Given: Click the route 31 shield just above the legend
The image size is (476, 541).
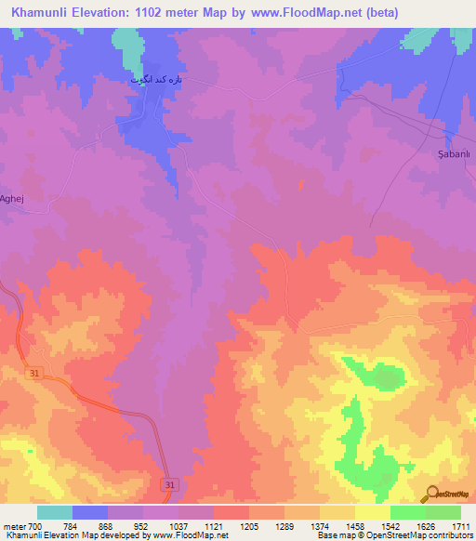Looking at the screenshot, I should [169, 485].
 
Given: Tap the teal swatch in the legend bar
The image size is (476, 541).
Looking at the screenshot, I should [55, 512].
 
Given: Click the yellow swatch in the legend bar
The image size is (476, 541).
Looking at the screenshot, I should [372, 512].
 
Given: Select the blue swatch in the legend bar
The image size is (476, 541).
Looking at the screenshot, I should [90, 512].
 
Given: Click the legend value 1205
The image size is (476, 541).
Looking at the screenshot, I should [249, 526].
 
